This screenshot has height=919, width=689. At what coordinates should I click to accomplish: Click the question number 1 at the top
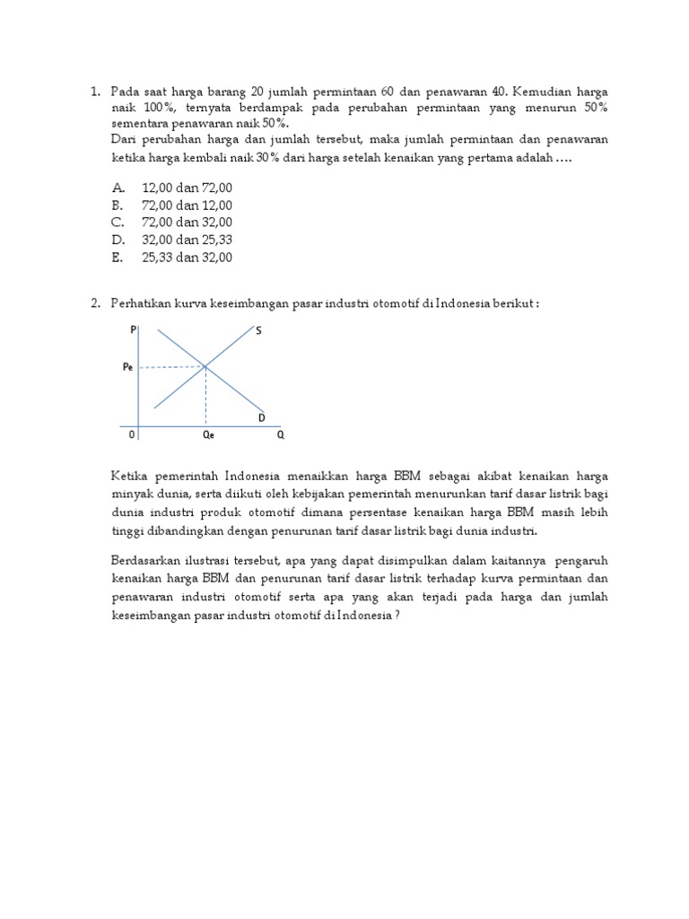click(94, 92)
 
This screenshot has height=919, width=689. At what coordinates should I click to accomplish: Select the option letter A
click(118, 188)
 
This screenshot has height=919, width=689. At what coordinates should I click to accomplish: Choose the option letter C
click(118, 223)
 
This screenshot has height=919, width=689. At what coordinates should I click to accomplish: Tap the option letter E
click(118, 258)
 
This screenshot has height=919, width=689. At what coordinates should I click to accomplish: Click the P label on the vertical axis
click(134, 330)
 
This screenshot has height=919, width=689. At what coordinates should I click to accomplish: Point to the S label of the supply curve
click(258, 331)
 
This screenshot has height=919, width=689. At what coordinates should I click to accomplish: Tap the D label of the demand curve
click(261, 418)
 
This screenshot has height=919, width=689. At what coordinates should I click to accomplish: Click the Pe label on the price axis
click(129, 367)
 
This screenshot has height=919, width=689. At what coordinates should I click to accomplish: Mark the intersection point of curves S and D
click(206, 366)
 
